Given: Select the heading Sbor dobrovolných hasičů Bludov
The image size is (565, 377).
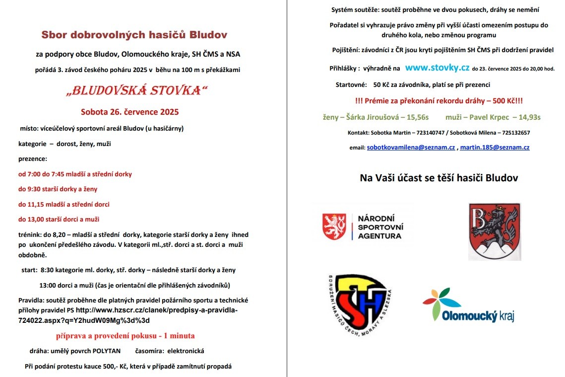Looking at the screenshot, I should pyautogui.click(x=134, y=35).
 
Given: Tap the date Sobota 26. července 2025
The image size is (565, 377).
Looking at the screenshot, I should pyautogui.click(x=130, y=112).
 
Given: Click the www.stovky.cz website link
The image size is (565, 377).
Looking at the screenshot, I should pyautogui.click(x=437, y=68).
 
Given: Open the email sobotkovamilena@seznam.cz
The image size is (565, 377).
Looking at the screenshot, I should pyautogui.click(x=411, y=148).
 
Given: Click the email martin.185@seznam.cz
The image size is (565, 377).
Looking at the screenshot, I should pyautogui.click(x=495, y=148).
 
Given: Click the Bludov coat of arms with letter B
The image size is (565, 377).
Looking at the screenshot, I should pyautogui.click(x=495, y=231).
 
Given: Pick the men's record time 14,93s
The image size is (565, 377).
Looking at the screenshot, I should pyautogui.click(x=526, y=117).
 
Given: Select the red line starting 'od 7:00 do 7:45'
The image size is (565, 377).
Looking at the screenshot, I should pyautogui.click(x=75, y=174).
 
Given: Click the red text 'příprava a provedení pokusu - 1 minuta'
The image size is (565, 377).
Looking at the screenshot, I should pyautogui.click(x=125, y=335).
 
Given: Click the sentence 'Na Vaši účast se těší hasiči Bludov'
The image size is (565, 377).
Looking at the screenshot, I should pyautogui.click(x=439, y=178).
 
